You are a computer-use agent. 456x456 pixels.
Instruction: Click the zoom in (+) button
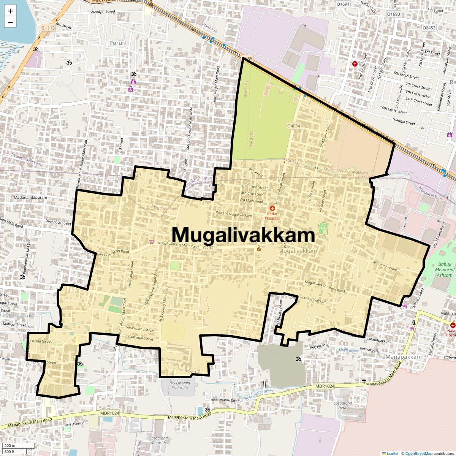pos(10,11)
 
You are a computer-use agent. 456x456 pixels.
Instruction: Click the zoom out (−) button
pos(10,22)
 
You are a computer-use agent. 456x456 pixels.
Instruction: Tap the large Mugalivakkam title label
pos(243,235)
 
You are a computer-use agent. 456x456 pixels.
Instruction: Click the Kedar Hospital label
pos(272,216)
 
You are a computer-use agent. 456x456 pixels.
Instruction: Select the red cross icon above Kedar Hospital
pos(272,208)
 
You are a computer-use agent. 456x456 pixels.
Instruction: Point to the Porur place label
pos(117,43)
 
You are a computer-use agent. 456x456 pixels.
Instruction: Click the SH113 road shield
pos(48,28)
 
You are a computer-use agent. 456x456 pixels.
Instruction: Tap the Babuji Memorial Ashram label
pos(445,269)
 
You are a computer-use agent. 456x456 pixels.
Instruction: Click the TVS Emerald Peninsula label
pos(180,385)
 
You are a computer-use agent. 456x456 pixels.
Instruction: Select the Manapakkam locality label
pos(404,357)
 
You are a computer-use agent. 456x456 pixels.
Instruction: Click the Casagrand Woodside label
pos(158,440)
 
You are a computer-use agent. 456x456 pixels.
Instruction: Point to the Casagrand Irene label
pos(343,405)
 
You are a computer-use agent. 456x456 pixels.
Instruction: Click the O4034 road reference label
pos(293,126)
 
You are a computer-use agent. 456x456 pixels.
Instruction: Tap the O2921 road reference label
pos(209,248)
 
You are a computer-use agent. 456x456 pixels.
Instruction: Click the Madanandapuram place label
pos(30,198)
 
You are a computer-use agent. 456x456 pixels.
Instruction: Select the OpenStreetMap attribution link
pos(418,453)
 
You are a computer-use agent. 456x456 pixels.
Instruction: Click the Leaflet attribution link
pos(393,453)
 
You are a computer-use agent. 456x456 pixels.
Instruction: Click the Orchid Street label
pos(41,341)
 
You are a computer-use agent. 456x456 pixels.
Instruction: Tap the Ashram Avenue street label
pos(385,266)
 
